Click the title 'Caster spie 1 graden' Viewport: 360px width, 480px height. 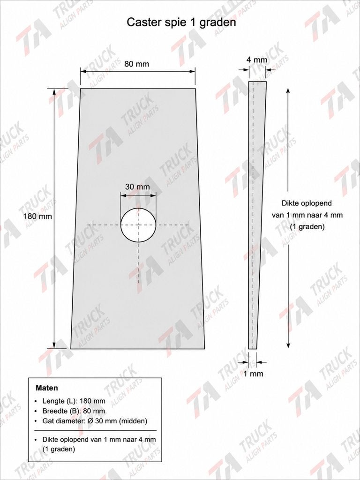pyautogui.click(x=181, y=22)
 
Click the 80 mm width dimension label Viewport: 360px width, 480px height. pyautogui.click(x=137, y=64)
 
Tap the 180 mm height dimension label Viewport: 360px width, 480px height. pyautogui.click(x=38, y=216)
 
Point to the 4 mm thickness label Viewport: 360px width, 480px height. pyautogui.click(x=257, y=60)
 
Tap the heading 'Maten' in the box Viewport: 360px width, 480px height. pyautogui.click(x=47, y=388)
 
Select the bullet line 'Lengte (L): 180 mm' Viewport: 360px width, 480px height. pyautogui.click(x=74, y=401)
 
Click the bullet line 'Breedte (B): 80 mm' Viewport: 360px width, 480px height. pyautogui.click(x=74, y=411)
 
